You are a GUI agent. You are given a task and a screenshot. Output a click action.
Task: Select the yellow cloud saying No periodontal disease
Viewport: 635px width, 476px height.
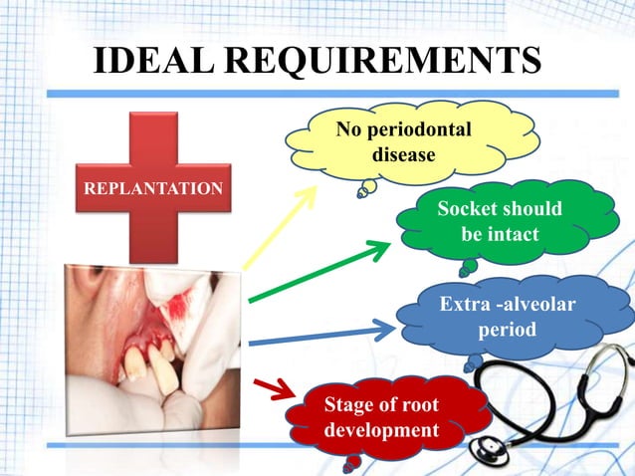click(x=403, y=143)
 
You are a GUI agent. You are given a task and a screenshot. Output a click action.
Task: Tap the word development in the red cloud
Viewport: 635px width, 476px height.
click(x=381, y=430)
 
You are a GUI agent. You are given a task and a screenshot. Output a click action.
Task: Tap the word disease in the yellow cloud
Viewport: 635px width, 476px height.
click(x=403, y=155)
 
